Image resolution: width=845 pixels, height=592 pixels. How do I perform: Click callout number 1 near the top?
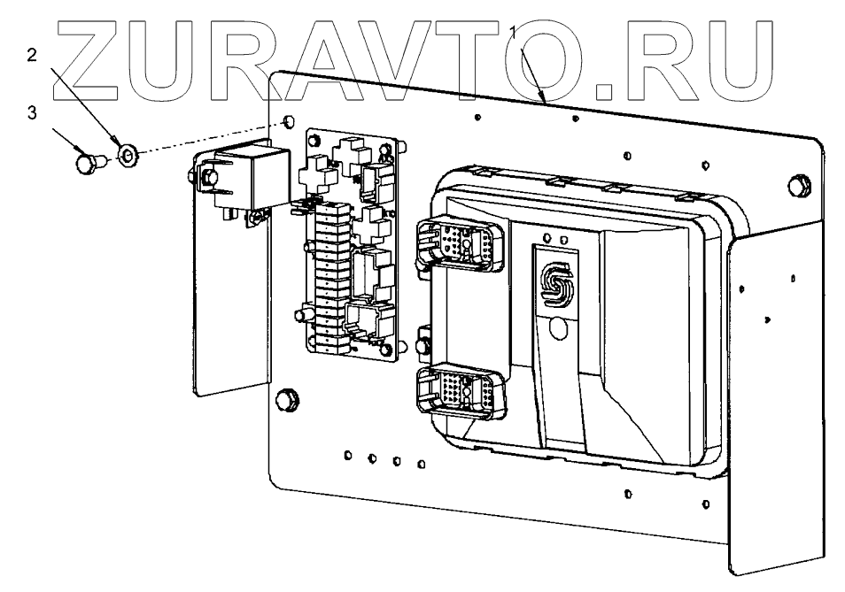[513, 31]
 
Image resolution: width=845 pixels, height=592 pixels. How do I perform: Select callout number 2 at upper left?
[32, 55]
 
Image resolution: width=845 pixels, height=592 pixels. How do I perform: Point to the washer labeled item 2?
[127, 157]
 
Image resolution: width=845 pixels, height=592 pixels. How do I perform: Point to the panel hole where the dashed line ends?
[289, 121]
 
